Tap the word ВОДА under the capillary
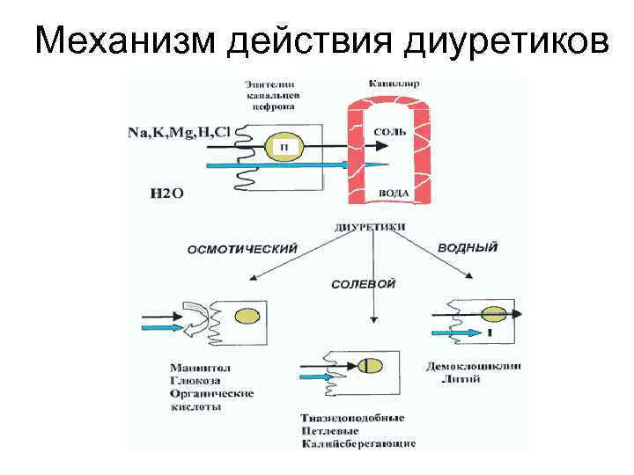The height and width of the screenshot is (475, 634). [393, 191]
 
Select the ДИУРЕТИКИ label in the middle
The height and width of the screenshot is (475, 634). [370, 226]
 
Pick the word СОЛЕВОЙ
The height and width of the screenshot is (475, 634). [363, 284]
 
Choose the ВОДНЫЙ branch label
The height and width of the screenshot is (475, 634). [467, 247]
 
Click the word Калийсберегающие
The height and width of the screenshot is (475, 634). [357, 443]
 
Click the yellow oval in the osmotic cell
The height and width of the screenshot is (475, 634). [247, 315]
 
